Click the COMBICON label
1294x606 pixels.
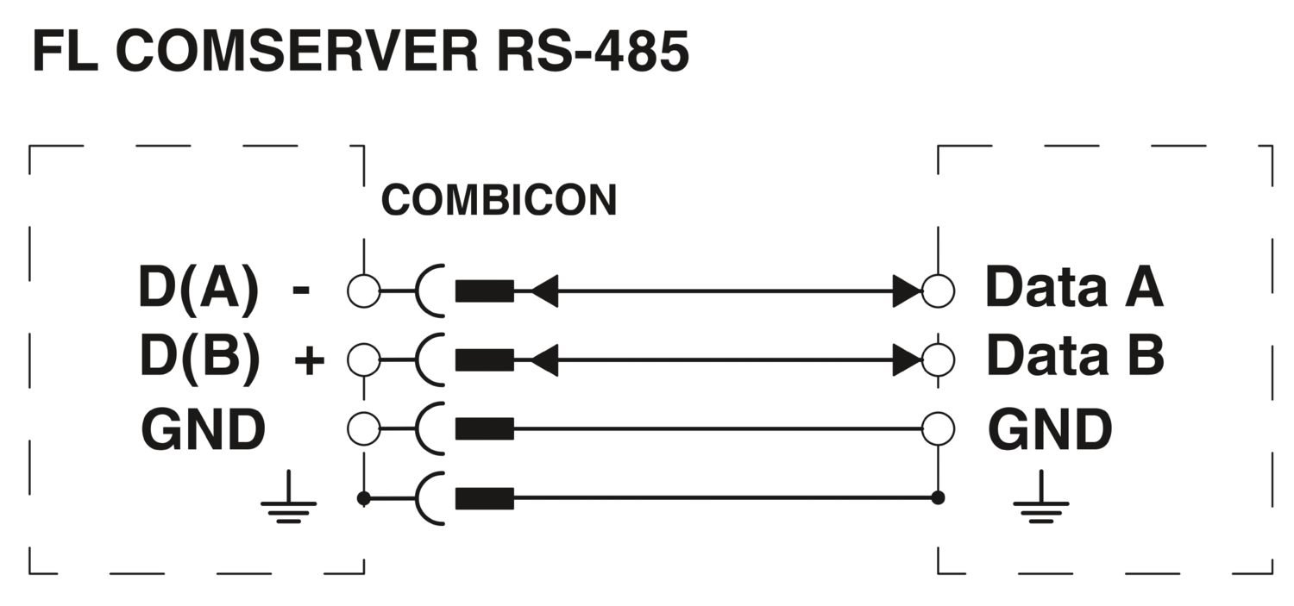(x=499, y=201)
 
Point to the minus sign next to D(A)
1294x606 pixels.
(x=301, y=291)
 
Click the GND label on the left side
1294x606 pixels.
(x=203, y=429)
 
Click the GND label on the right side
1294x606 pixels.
(x=1050, y=429)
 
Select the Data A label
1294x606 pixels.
(x=1074, y=288)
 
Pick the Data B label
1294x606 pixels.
(x=1075, y=355)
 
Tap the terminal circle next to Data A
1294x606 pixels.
(x=938, y=291)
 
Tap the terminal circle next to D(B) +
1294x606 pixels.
(x=363, y=359)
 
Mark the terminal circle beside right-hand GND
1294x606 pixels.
(x=938, y=428)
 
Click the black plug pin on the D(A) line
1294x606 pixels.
(x=484, y=291)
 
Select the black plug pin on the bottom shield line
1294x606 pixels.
(x=484, y=498)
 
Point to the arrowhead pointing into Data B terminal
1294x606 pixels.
(x=908, y=359)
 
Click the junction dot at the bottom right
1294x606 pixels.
(x=939, y=498)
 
